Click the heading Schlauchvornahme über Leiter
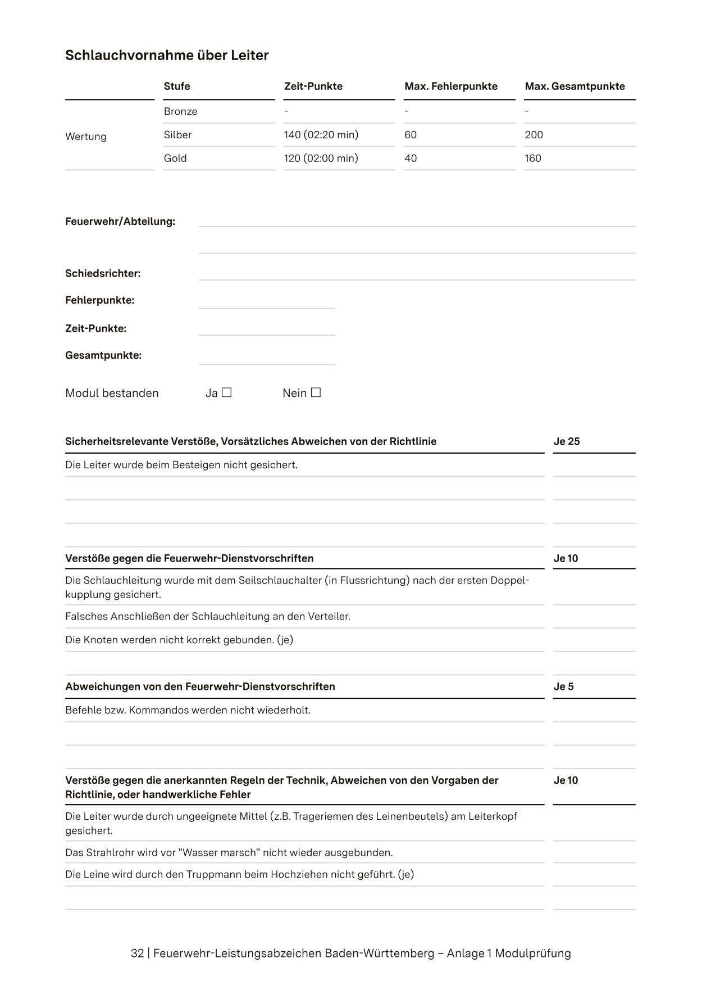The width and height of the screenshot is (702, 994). (x=167, y=55)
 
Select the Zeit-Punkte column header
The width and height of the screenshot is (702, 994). (x=313, y=86)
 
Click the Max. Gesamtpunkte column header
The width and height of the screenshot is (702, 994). (x=575, y=86)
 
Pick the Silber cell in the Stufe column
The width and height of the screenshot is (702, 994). (x=177, y=135)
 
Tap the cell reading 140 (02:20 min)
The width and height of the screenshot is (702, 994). (x=321, y=135)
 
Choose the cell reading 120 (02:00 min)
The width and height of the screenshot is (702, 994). (x=321, y=159)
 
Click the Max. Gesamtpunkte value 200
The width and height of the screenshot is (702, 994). (x=534, y=135)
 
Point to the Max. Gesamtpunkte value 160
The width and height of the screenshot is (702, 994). (x=532, y=159)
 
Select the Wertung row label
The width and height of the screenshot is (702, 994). (x=86, y=137)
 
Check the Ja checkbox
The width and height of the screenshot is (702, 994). (x=226, y=392)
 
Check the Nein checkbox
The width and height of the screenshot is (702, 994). (x=316, y=392)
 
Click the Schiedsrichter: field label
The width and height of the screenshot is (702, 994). (x=103, y=274)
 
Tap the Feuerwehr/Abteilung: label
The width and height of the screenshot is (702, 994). (x=120, y=222)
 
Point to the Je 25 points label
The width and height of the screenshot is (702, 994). (x=566, y=441)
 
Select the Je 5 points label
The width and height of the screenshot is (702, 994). (x=563, y=686)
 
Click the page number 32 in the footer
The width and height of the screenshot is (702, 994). (x=137, y=954)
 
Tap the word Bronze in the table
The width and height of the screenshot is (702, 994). (x=180, y=111)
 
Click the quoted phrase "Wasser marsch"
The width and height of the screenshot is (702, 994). (x=219, y=852)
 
